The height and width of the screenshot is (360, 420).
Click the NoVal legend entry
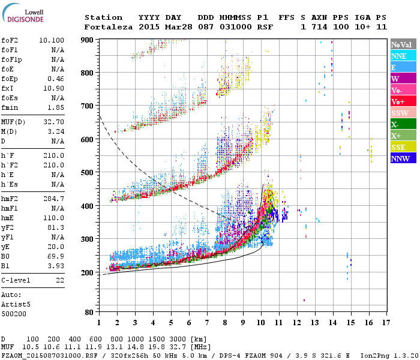[401, 44]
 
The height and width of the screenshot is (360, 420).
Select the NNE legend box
[401, 56]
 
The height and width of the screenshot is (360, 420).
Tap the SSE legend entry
[401, 147]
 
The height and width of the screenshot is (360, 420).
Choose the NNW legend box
[401, 158]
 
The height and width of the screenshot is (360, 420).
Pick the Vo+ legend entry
[401, 101]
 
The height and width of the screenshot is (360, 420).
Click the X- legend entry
[401, 124]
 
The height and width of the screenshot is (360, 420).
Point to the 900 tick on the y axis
[88, 40]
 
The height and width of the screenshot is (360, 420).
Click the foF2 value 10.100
[52, 40]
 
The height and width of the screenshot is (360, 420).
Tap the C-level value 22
[60, 280]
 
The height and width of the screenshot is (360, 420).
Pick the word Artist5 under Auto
[13, 304]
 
